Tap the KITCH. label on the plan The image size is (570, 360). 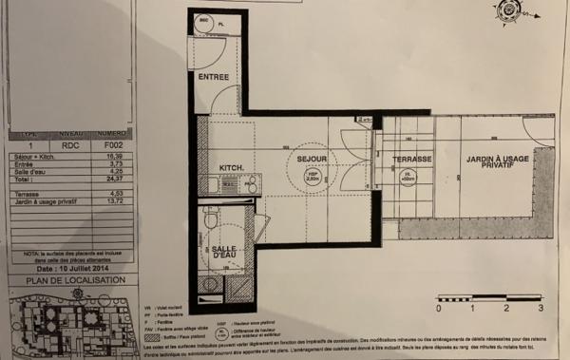[x=233, y=168]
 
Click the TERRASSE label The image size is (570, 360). [x=413, y=160]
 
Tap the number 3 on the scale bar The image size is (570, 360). [x=540, y=309]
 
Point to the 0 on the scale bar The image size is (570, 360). [x=438, y=309]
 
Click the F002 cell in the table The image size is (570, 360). [x=113, y=146]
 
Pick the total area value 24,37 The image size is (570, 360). [x=113, y=178]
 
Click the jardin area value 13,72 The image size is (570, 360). [x=113, y=201]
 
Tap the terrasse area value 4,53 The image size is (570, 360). [x=113, y=194]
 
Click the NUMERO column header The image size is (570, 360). [x=113, y=134]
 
